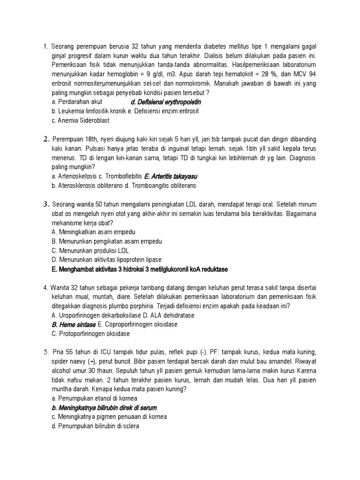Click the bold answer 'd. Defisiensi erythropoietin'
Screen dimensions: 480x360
[166, 102]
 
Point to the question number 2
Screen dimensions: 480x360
[46, 139]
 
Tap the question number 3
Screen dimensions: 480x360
[46, 204]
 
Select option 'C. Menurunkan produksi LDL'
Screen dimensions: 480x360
[90, 250]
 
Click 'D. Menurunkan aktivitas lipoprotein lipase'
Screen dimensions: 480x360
[106, 260]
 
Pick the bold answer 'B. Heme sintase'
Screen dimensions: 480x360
[74, 324]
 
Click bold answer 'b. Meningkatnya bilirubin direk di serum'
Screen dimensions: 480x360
[104, 407]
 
